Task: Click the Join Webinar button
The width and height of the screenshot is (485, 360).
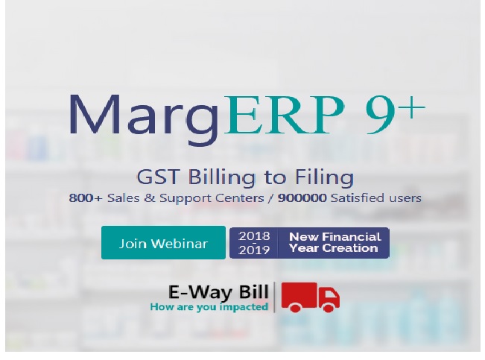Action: pyautogui.click(x=163, y=243)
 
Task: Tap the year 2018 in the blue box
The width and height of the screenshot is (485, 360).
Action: pyautogui.click(x=254, y=236)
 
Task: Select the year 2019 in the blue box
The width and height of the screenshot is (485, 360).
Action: pyautogui.click(x=254, y=250)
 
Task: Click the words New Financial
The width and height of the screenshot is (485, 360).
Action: pyautogui.click(x=335, y=237)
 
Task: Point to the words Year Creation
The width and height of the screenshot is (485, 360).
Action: pyautogui.click(x=334, y=248)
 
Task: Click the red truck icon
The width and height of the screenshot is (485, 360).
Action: pyautogui.click(x=310, y=297)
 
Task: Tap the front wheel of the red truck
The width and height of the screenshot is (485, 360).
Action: pyautogui.click(x=329, y=307)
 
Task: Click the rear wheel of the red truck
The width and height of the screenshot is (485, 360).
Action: pyautogui.click(x=295, y=307)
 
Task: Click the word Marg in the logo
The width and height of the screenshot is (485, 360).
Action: pyautogui.click(x=144, y=119)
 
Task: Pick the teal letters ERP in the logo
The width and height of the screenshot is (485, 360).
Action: pyautogui.click(x=284, y=115)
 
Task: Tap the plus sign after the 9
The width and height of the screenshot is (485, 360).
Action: pyautogui.click(x=411, y=107)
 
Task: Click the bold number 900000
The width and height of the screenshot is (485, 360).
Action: pyautogui.click(x=302, y=198)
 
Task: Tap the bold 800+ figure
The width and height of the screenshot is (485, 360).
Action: pyautogui.click(x=86, y=198)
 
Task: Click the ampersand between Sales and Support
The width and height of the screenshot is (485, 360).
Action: pyautogui.click(x=150, y=198)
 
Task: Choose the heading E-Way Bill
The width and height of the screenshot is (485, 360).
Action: pyautogui.click(x=218, y=292)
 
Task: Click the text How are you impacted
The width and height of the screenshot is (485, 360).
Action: pyautogui.click(x=209, y=307)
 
